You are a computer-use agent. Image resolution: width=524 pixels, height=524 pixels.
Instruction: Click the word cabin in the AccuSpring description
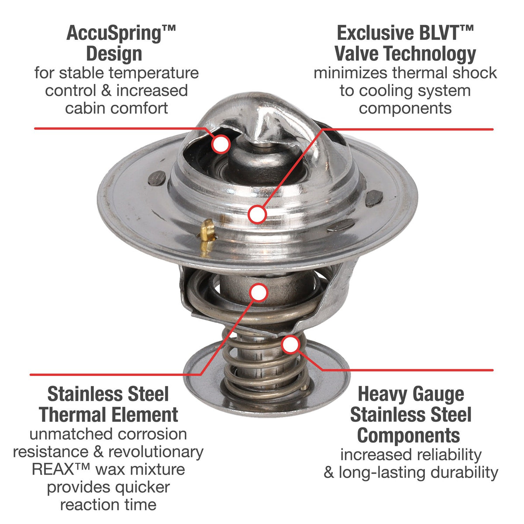86,108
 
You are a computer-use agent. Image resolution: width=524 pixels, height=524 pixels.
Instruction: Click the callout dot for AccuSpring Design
221,144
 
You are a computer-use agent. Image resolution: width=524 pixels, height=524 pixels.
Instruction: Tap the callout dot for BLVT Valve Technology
257,214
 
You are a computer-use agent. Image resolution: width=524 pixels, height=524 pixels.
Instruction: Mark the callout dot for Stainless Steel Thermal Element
259,292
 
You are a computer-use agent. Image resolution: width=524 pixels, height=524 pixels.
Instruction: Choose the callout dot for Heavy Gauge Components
291,345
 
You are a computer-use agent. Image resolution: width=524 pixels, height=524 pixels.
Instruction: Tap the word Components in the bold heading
408,436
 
